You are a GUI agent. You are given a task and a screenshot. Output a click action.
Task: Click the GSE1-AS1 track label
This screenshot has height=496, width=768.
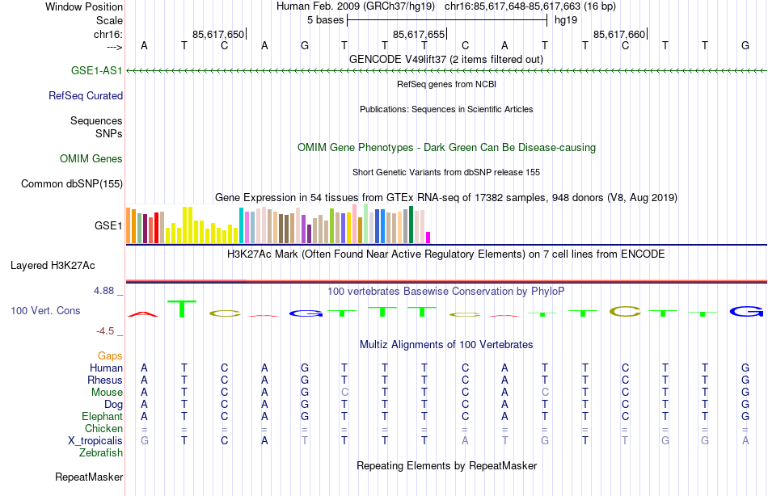click(96, 71)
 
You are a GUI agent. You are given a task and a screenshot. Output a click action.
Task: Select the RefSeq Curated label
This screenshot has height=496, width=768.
click(86, 95)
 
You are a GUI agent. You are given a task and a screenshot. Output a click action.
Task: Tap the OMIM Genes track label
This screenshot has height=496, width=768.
click(91, 158)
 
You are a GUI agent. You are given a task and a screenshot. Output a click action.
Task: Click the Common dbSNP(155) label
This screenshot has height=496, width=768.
click(72, 183)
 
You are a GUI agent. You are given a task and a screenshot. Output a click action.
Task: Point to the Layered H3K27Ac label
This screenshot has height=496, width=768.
click(53, 265)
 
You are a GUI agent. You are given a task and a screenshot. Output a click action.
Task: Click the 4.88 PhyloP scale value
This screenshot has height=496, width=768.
click(107, 290)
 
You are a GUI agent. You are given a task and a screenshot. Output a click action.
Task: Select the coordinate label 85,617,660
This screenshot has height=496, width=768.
click(619, 34)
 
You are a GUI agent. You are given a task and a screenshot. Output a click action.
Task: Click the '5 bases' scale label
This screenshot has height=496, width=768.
click(325, 19)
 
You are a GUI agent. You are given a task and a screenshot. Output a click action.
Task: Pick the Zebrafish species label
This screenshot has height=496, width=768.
click(101, 453)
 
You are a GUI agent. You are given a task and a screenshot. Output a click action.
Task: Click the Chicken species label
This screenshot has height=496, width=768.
click(103, 429)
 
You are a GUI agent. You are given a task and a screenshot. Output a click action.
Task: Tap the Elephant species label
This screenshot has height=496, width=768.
click(102, 417)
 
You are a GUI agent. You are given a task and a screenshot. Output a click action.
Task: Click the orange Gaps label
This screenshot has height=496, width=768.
click(110, 355)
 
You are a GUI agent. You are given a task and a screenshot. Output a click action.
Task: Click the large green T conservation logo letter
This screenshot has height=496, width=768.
click(184, 309)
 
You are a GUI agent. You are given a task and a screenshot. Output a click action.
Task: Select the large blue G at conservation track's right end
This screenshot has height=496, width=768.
click(745, 311)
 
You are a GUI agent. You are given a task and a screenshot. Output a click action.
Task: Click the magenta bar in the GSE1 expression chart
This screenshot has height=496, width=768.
click(428, 237)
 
